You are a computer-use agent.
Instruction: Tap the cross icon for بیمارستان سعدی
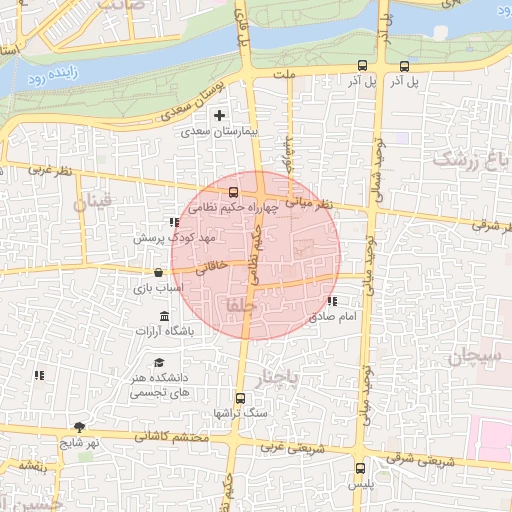point(219,117)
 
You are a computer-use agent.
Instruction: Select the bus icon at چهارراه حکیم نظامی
point(233,192)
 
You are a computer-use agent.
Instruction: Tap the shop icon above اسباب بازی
point(158,272)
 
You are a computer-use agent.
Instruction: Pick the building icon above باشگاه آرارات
point(164,317)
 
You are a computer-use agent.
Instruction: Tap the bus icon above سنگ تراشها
point(239,397)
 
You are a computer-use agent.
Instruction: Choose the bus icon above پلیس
point(361,467)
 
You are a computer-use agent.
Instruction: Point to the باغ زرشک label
point(469,160)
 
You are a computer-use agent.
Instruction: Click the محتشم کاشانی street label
point(174,437)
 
